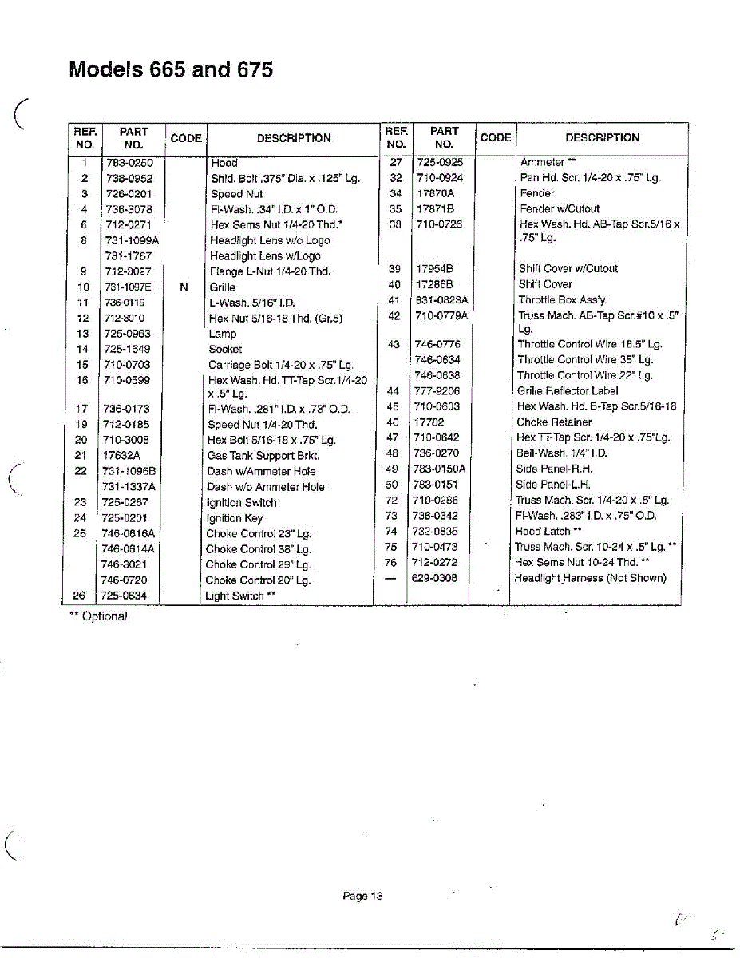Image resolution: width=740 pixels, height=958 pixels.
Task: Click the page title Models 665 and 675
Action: [x=171, y=69]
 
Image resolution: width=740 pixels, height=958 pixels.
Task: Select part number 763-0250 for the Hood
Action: [x=129, y=163]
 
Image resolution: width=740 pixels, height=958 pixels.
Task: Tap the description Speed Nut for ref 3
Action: [x=236, y=194]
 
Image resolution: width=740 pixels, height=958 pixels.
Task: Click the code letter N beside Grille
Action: [x=184, y=287]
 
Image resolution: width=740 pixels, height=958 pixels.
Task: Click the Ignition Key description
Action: [x=234, y=518]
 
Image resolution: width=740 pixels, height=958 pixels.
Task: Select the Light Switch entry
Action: [x=240, y=596]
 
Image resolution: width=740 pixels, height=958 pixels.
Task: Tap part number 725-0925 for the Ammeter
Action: [x=440, y=163]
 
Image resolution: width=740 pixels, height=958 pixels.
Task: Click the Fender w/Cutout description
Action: [x=559, y=209]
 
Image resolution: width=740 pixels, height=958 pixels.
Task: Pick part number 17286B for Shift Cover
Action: [x=434, y=284]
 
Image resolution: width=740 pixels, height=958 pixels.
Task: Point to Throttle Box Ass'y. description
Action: [x=562, y=300]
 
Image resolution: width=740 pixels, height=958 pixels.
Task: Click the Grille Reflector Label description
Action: [x=568, y=391]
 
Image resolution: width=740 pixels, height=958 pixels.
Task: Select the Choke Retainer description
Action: [x=554, y=422]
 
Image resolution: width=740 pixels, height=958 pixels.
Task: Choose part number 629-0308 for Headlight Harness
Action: [x=435, y=578]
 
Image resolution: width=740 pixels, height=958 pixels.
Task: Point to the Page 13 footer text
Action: [x=362, y=896]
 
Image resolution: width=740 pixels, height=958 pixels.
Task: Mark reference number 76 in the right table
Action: [x=390, y=563]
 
